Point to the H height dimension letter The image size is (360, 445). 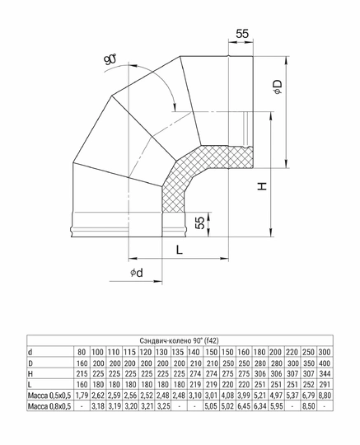[x=261, y=187]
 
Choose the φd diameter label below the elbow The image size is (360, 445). [x=137, y=273]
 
